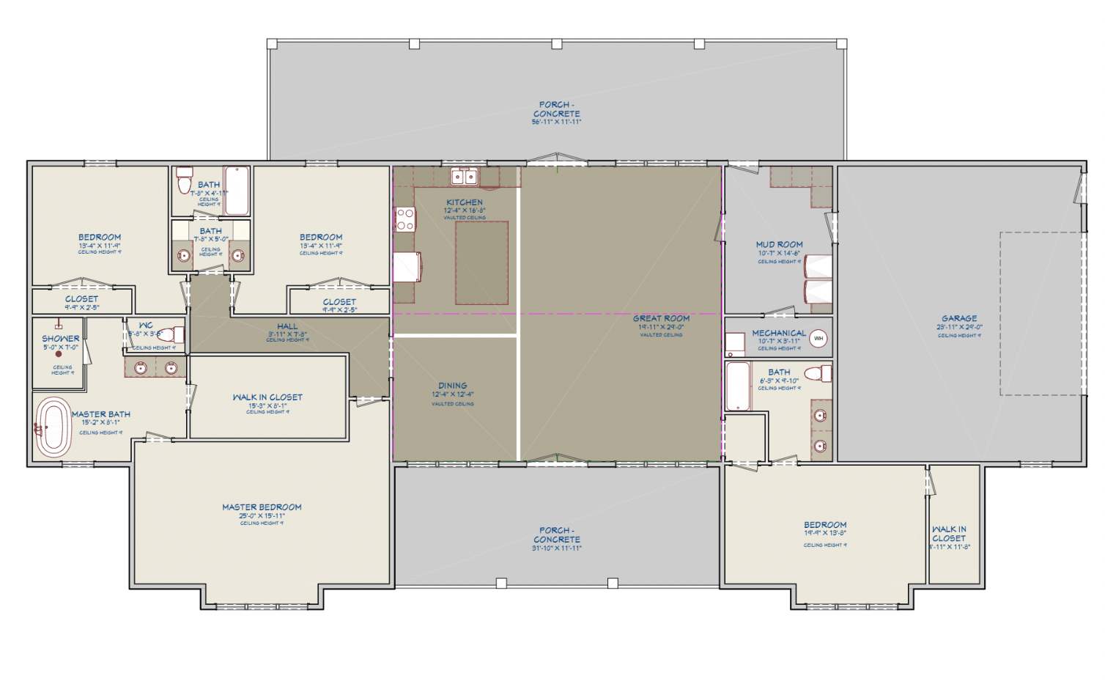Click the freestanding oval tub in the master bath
(x=53, y=427)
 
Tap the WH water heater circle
(x=818, y=338)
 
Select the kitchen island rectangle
(x=481, y=262)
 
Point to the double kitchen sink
(x=464, y=177)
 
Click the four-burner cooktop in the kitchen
(x=405, y=219)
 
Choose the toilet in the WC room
(x=171, y=335)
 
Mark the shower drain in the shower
(x=59, y=354)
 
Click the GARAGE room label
(x=959, y=318)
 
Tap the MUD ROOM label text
(x=779, y=244)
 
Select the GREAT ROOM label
(x=661, y=318)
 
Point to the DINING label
(x=452, y=385)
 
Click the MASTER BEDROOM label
(x=262, y=507)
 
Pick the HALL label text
(x=287, y=326)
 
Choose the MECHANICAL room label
(x=778, y=333)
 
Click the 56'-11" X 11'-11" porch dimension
(x=556, y=122)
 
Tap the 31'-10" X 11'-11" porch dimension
(x=556, y=548)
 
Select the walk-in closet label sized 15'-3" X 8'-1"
(x=267, y=397)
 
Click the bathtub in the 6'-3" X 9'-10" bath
(x=738, y=386)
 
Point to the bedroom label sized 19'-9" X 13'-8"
(x=825, y=525)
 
